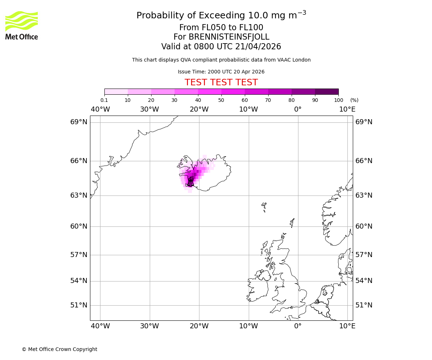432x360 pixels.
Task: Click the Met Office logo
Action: (22, 25)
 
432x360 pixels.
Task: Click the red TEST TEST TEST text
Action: (221, 82)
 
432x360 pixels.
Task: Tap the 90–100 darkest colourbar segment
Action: (327, 91)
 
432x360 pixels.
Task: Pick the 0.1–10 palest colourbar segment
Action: (116, 91)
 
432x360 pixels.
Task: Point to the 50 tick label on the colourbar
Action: (221, 100)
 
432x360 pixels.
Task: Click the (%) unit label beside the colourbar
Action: (354, 100)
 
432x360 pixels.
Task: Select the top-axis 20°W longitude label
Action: (199, 109)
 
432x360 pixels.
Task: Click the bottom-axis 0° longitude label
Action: (298, 326)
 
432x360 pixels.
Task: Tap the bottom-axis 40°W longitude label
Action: (100, 326)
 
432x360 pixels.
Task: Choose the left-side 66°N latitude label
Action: (79, 161)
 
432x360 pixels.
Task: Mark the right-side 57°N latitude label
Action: (364, 255)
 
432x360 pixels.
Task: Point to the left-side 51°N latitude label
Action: (79, 305)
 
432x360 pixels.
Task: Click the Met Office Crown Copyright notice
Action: (59, 349)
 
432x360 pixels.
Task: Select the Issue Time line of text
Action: (221, 72)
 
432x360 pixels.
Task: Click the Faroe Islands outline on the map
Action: (264, 206)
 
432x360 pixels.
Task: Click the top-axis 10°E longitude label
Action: (347, 109)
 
